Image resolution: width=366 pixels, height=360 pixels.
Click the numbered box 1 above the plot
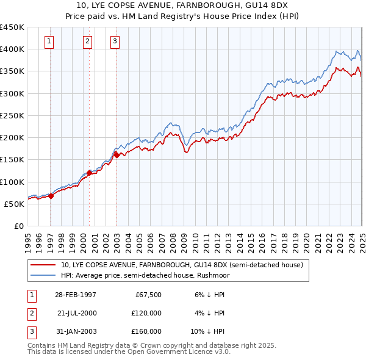coord(49,41)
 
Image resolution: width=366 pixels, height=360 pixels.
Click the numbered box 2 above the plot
coord(88,41)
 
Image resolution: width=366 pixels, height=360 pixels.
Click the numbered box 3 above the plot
coord(115,41)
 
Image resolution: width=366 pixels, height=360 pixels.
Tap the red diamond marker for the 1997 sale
coord(51,196)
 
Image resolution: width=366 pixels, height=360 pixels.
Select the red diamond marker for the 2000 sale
coord(89,173)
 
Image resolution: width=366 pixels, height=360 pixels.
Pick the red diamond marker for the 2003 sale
coord(117,155)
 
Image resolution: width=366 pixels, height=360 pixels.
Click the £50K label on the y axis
coord(15,204)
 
